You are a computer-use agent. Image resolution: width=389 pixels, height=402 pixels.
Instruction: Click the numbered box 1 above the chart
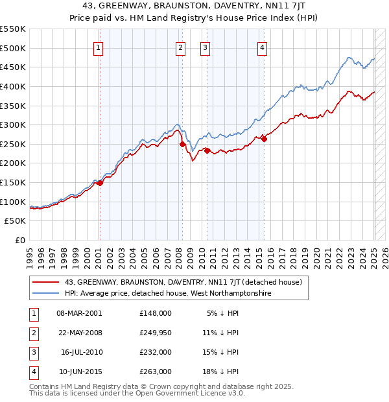(x=98, y=47)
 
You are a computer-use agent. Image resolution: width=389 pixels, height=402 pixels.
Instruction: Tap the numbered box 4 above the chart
(x=262, y=47)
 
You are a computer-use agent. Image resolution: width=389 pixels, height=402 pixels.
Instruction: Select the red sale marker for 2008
(x=182, y=144)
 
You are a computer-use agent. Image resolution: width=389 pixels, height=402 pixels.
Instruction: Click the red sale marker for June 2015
(x=264, y=139)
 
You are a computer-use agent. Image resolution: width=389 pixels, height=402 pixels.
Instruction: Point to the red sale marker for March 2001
(x=100, y=183)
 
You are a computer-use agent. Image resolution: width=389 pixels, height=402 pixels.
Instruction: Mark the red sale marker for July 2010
(x=207, y=150)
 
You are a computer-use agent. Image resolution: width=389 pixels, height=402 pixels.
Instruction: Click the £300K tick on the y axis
(x=12, y=124)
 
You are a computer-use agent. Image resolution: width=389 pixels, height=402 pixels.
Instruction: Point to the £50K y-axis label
(x=15, y=221)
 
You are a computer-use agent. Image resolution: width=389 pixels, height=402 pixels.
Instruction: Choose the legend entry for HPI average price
(x=167, y=294)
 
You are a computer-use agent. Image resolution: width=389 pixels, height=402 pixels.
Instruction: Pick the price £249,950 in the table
(x=156, y=333)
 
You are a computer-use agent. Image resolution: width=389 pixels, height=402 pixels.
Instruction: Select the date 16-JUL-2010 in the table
(x=81, y=352)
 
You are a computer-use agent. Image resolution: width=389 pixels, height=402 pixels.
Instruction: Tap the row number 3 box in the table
(x=32, y=352)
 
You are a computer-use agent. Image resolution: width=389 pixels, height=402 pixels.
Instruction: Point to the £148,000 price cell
(x=156, y=313)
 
